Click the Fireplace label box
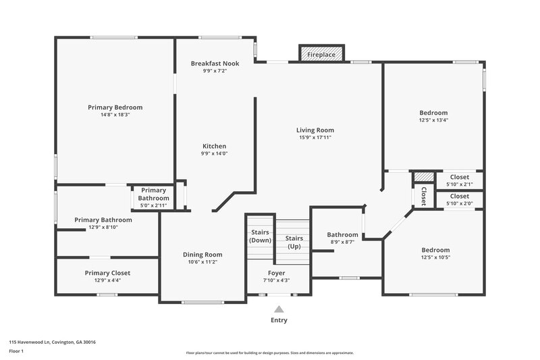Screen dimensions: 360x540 pos(322,53)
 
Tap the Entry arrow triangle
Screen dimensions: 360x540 pos(279,309)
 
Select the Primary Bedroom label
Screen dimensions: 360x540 pos(115,107)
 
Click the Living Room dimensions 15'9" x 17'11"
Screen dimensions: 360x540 pos(315,137)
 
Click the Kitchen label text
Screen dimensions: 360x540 pos(215,146)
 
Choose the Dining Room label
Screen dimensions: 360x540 pos(202,255)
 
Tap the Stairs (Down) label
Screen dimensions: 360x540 pos(260,236)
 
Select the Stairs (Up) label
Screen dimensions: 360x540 pos(294,242)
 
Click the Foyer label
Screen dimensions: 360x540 pos(276,273)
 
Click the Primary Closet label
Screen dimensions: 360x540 pos(107,273)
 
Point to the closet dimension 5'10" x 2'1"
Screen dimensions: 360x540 pos(459,184)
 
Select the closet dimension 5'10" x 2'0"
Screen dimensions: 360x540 pos(459,203)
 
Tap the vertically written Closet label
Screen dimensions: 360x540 pos(423,195)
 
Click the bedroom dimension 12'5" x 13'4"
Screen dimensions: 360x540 pos(433,120)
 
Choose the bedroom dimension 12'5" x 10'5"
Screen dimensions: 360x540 pos(435,257)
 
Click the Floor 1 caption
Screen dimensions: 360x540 pos(16,351)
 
